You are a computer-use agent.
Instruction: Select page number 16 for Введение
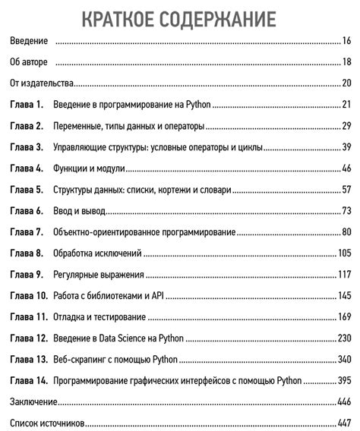(346, 41)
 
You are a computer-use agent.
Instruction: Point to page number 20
(346, 83)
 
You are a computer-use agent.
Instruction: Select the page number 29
(346, 126)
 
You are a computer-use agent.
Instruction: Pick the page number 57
(346, 189)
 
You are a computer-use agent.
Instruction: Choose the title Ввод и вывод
(79, 210)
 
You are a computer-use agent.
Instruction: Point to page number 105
(343, 253)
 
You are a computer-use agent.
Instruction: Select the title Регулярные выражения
(99, 274)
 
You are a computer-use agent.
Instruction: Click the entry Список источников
(45, 422)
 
